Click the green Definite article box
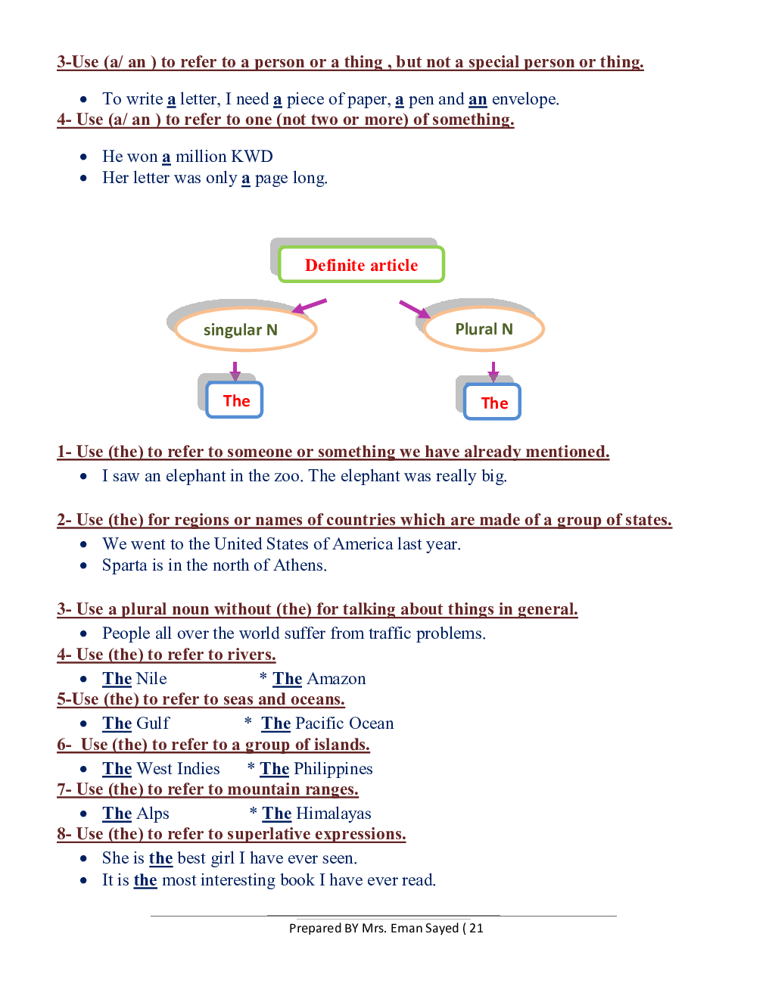pyautogui.click(x=361, y=265)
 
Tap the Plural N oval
pyautogui.click(x=484, y=329)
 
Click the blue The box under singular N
pyautogui.click(x=235, y=400)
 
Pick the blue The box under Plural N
pyautogui.click(x=493, y=403)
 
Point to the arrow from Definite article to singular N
pyautogui.click(x=310, y=306)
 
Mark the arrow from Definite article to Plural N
pyautogui.click(x=414, y=309)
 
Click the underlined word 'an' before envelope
pyautogui.click(x=478, y=99)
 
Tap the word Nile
pyautogui.click(x=151, y=679)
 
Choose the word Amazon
pyautogui.click(x=336, y=679)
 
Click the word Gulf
pyautogui.click(x=153, y=724)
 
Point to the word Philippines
pyautogui.click(x=333, y=769)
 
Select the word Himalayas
pyautogui.click(x=334, y=814)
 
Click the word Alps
pyautogui.click(x=153, y=814)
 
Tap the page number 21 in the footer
pyautogui.click(x=476, y=928)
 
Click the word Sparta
pyautogui.click(x=124, y=565)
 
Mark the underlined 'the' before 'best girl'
pyautogui.click(x=160, y=858)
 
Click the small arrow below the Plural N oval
pyautogui.click(x=493, y=371)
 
